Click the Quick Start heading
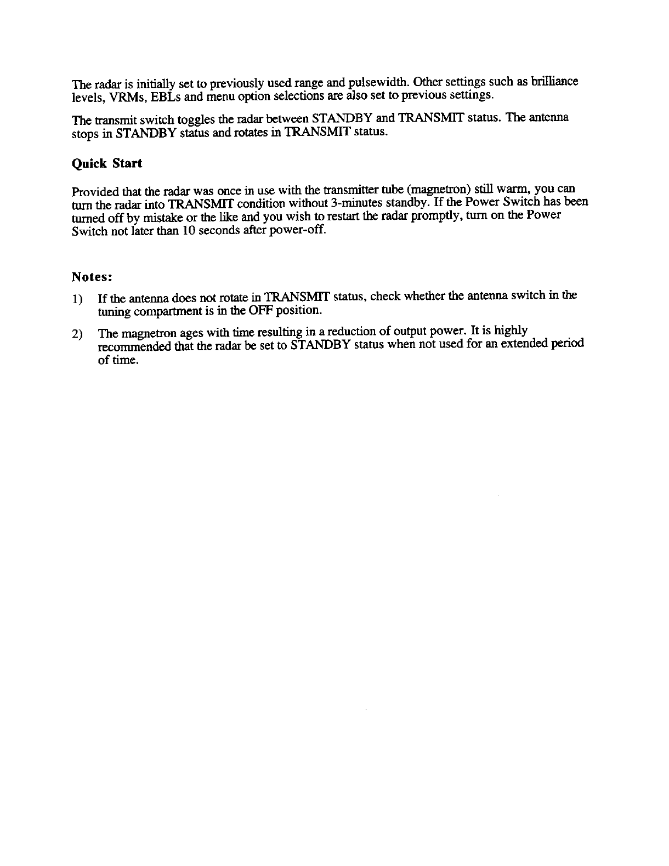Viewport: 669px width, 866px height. pyautogui.click(x=107, y=164)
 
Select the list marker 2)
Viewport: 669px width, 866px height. pyautogui.click(x=78, y=334)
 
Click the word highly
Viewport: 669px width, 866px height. pyautogui.click(x=511, y=331)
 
